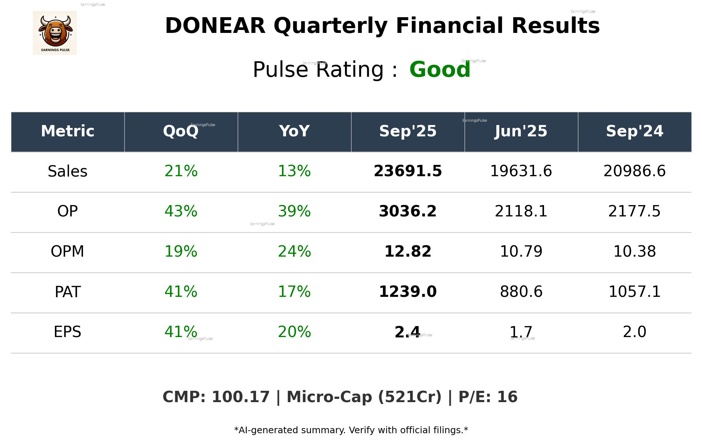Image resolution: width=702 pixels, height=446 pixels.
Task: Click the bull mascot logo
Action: [x=55, y=33]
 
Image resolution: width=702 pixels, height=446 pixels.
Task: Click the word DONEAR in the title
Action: [x=215, y=26]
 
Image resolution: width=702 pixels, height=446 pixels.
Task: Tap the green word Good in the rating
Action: [x=440, y=70]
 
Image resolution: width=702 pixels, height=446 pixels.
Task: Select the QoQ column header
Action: [x=181, y=131]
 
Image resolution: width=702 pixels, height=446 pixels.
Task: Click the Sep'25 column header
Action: [x=408, y=131]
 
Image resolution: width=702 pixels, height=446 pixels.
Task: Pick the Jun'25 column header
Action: [x=521, y=131]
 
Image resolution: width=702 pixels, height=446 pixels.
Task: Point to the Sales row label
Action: [x=68, y=171]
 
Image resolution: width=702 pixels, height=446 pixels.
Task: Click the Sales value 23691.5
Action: [x=408, y=171]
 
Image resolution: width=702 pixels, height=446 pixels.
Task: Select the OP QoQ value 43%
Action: [x=181, y=211]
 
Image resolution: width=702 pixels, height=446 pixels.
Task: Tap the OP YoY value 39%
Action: [x=294, y=211]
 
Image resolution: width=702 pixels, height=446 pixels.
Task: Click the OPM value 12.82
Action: [x=408, y=252]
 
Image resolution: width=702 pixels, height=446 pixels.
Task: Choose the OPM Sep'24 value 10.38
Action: [x=634, y=252]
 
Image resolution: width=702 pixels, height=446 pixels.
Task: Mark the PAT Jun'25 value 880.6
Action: [x=521, y=292]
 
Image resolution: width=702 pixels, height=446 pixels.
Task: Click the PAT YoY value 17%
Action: [x=294, y=292]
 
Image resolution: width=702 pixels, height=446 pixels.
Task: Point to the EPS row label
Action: [x=68, y=332]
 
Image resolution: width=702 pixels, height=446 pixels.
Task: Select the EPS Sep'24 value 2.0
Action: [x=634, y=332]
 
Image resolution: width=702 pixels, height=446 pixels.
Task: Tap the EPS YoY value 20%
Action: [x=294, y=332]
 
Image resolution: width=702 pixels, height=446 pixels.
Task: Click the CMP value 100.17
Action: [x=240, y=397]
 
